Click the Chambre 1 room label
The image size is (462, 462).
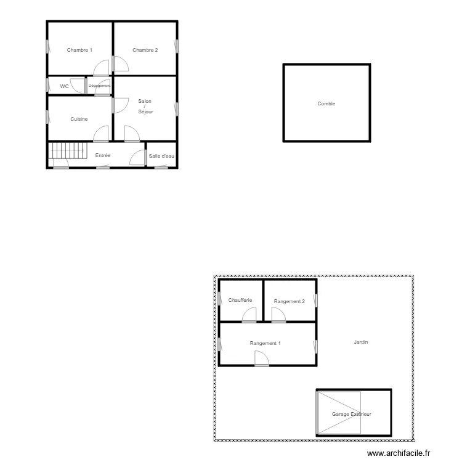click(x=79, y=50)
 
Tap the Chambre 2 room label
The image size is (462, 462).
click(x=145, y=50)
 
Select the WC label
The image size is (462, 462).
click(x=64, y=87)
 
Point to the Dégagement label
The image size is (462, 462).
click(x=99, y=86)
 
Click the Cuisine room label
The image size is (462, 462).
click(x=79, y=119)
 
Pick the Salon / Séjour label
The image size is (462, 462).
click(x=145, y=106)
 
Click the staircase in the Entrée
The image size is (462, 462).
click(x=67, y=150)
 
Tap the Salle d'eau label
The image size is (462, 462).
click(x=161, y=156)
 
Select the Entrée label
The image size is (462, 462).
click(x=103, y=156)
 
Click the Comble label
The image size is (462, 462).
click(x=326, y=104)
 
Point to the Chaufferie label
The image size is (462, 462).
click(x=240, y=301)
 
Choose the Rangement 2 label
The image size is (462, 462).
click(x=290, y=301)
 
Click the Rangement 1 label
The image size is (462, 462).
click(x=265, y=343)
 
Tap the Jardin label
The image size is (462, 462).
click(x=361, y=342)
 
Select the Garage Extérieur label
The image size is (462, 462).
click(x=352, y=415)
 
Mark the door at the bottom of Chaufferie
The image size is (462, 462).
click(x=249, y=315)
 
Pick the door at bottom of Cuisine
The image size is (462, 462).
click(x=100, y=134)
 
